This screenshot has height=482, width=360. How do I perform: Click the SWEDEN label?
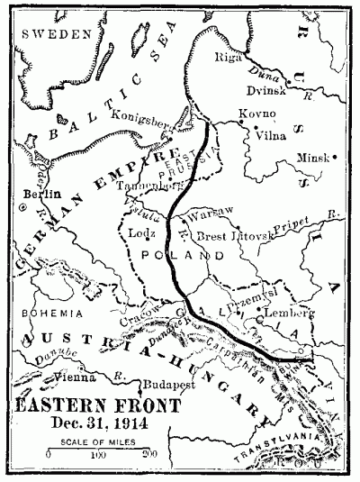(x=58, y=33)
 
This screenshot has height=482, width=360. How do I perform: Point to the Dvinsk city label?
(x=267, y=90)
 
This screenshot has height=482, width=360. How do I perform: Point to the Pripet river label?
(x=306, y=219)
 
